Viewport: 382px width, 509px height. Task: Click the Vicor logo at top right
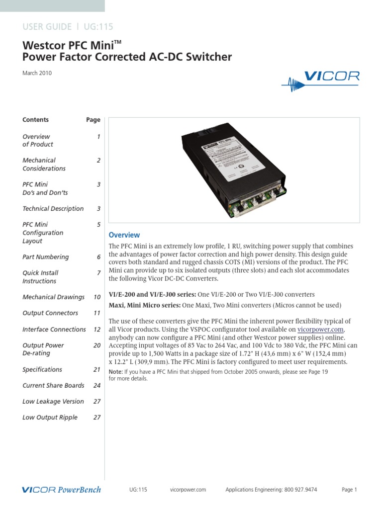[320, 80]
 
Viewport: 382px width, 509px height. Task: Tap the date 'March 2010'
[37, 73]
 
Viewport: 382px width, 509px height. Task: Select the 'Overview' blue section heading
[124, 235]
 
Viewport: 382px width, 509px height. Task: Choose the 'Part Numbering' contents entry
[46, 257]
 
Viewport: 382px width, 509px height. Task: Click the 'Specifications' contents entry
[42, 369]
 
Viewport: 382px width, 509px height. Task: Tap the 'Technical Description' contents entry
[53, 209]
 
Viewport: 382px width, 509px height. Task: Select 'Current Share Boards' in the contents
[53, 385]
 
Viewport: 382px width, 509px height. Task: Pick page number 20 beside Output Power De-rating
[97, 345]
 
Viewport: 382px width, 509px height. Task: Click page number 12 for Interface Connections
[97, 329]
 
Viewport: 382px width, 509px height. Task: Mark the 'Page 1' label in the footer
[350, 490]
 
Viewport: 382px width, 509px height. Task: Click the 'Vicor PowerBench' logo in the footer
[62, 490]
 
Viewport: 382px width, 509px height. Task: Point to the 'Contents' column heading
[36, 120]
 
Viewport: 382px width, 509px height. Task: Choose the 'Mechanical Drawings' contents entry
[53, 297]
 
